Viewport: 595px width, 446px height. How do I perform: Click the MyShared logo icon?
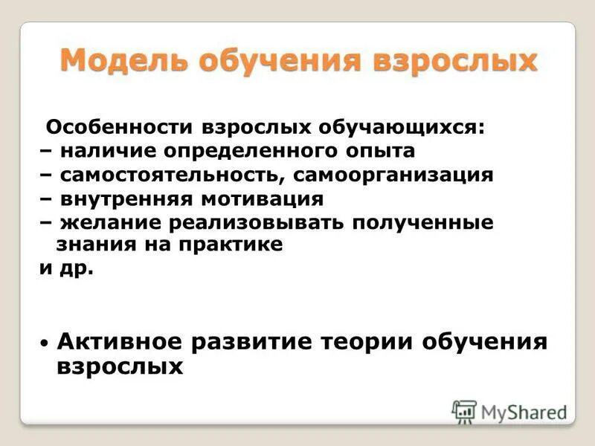(x=464, y=411)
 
